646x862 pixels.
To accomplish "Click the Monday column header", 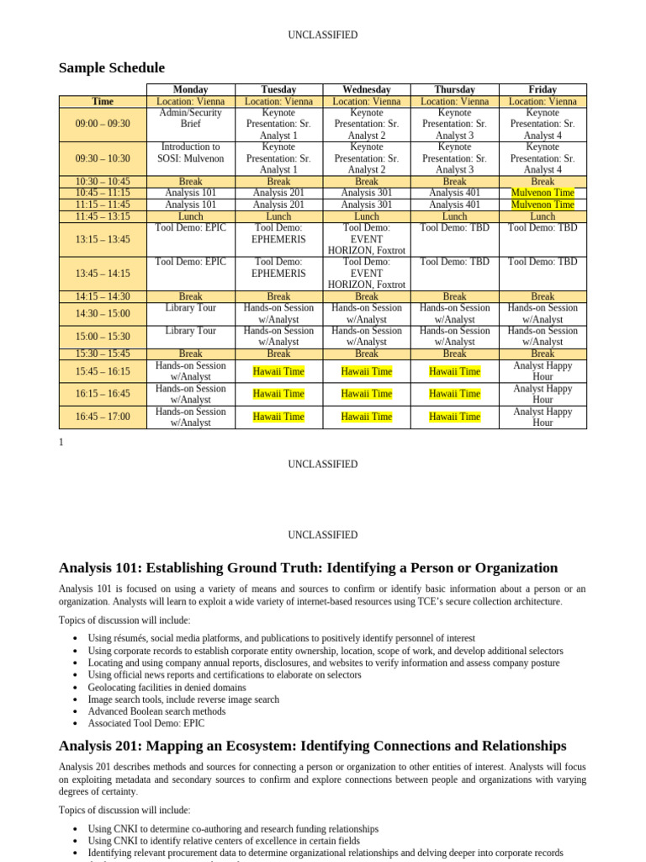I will [190, 89].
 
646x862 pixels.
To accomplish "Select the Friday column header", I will [543, 89].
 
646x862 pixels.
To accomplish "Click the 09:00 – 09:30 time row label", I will [103, 124].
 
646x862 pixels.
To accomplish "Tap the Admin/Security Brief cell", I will [190, 118].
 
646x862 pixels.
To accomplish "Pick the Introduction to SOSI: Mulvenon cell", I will [190, 152].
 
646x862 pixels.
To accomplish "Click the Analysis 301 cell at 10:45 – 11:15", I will [366, 193].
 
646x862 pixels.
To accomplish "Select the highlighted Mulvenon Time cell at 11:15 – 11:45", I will [543, 205].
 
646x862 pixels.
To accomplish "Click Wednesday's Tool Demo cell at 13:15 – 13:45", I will [366, 239].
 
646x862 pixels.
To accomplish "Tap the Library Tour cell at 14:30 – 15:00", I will [190, 308].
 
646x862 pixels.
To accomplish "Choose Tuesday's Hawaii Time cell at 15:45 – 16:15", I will [278, 371].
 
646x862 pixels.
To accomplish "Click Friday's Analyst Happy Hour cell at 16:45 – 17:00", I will [543, 417].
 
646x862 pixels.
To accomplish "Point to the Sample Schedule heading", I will [112, 68].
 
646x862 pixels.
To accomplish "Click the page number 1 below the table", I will [61, 442].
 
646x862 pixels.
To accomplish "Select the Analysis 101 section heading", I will [308, 567].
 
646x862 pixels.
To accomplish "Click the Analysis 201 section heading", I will [312, 746].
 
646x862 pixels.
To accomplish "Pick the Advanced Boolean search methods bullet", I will [156, 711].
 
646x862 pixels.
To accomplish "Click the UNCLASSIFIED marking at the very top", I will [322, 35].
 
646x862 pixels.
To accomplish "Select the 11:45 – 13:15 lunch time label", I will [103, 216].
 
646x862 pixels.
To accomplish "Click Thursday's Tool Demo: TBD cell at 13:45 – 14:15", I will [454, 262].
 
